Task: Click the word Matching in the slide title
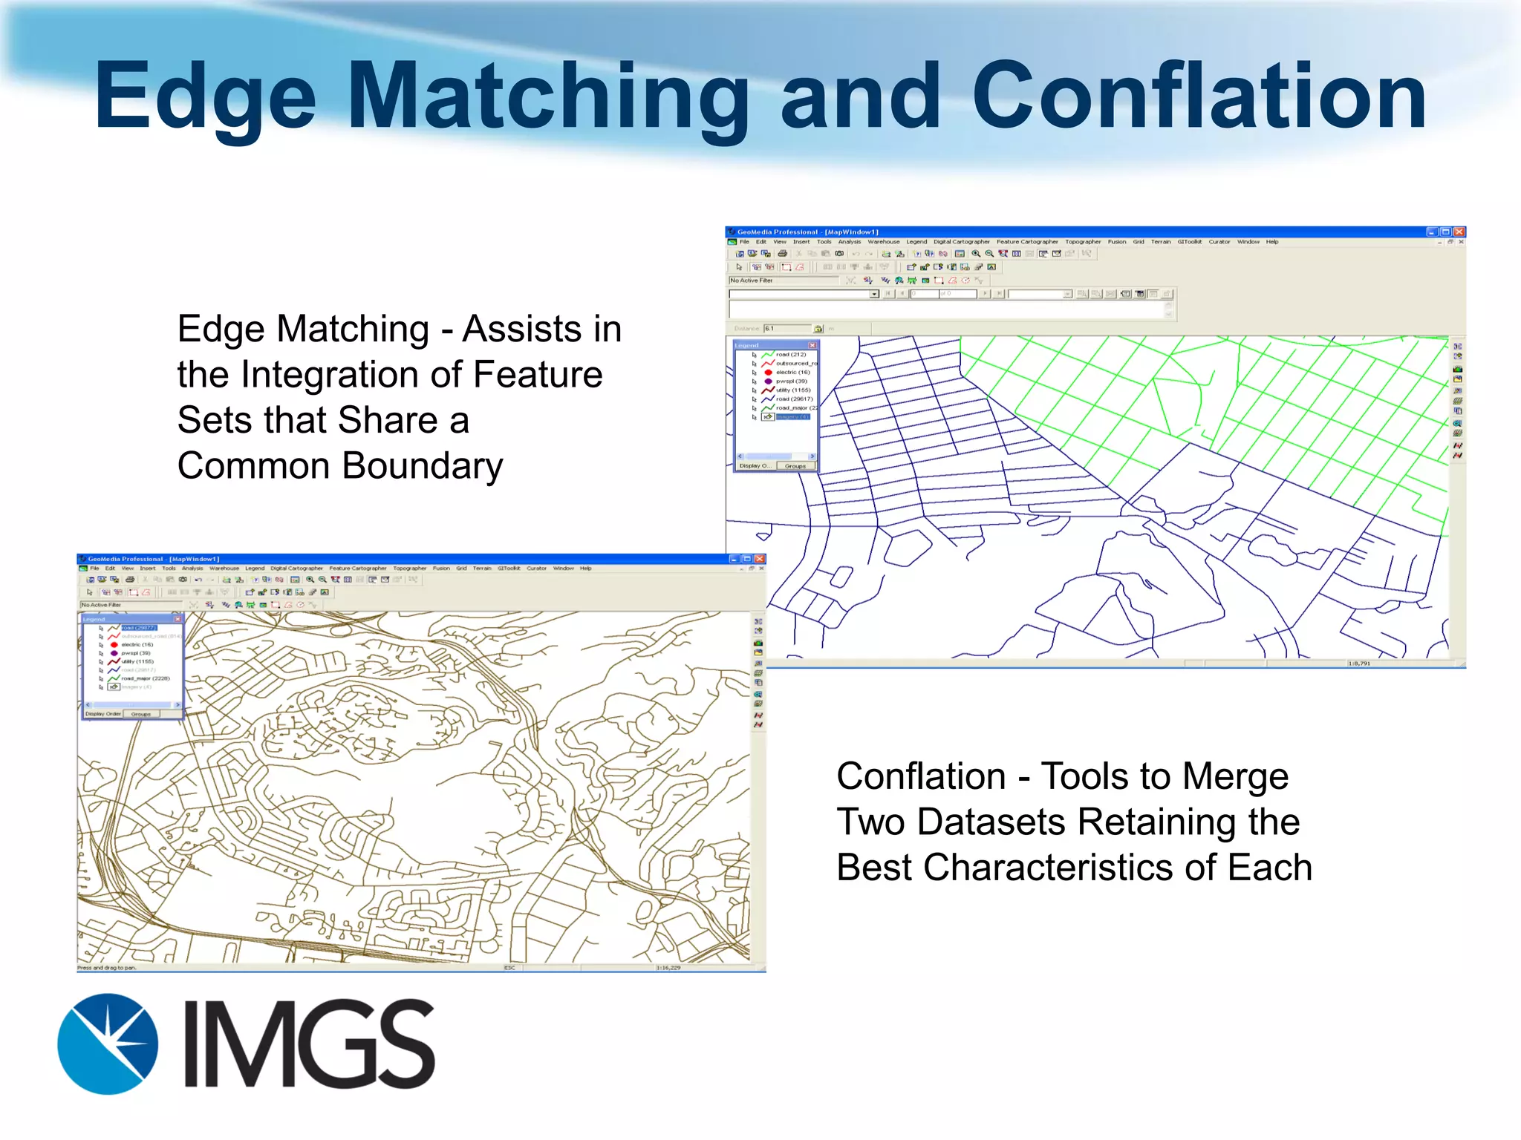547,96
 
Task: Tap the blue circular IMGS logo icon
108,1044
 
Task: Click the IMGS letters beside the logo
309,1044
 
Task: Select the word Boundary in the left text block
422,466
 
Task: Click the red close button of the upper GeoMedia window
1459,232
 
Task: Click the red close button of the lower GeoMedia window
759,559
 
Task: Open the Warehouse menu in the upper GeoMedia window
883,242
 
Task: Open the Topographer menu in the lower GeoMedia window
409,569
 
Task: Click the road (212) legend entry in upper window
790,355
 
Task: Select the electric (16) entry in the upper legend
792,373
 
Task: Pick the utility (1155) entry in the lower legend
137,661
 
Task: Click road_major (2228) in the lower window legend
145,678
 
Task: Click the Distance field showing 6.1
787,328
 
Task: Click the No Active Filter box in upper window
784,281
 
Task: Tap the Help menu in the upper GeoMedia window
1272,242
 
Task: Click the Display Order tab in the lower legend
103,714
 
